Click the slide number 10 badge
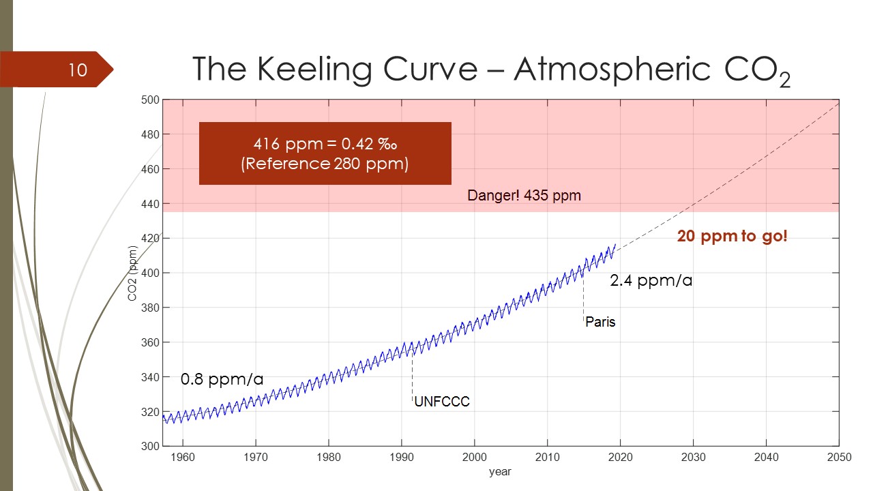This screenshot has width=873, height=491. click(78, 70)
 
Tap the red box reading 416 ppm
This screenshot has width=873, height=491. click(325, 153)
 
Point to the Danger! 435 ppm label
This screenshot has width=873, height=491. click(524, 196)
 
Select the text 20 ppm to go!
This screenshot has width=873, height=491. click(732, 237)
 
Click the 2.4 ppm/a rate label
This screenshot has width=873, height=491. click(651, 280)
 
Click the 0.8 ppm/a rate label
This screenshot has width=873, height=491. click(222, 379)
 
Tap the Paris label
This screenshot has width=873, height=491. click(600, 322)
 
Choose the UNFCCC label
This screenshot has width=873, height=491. click(442, 402)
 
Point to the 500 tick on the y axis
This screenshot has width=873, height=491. click(151, 100)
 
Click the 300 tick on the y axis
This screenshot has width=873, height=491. click(151, 446)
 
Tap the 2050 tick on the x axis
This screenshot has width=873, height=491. click(839, 458)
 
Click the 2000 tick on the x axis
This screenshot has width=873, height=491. click(475, 458)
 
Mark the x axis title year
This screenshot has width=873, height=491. click(500, 471)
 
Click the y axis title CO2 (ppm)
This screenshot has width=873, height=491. click(134, 273)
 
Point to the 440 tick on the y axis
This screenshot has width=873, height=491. click(151, 204)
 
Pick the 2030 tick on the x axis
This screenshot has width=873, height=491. click(693, 458)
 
